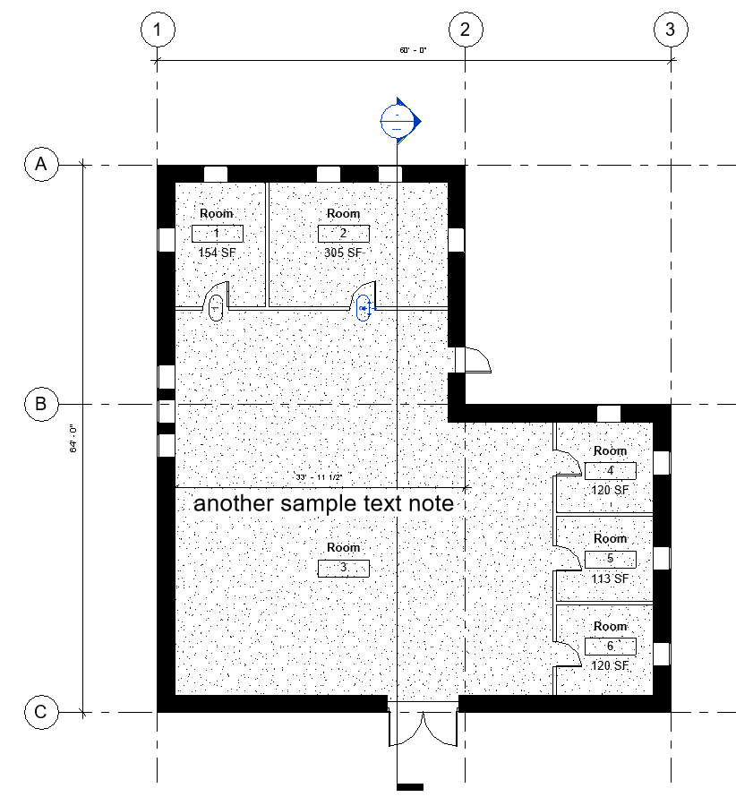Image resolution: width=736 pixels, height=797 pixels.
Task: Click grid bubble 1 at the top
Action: pos(158,30)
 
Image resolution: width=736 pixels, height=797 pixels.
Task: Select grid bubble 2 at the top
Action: pos(465,30)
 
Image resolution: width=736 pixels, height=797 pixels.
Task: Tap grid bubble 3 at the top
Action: pos(671,30)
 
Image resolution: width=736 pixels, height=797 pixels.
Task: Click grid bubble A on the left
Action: pos(40,165)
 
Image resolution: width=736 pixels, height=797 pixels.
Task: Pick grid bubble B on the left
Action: pos(40,404)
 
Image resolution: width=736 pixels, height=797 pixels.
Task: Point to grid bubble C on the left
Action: pos(40,713)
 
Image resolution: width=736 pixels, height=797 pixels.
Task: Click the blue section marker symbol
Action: pos(398,120)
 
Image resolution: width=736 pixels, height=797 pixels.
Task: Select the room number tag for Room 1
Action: pos(217,234)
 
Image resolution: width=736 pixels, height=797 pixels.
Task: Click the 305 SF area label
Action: pos(343,253)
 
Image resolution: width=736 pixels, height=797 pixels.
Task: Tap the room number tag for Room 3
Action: pos(343,568)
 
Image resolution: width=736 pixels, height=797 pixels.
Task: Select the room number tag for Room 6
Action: pos(610,646)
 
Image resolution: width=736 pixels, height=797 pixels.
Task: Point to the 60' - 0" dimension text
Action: pos(414,50)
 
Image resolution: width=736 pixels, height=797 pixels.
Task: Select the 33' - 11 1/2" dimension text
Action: pos(321,476)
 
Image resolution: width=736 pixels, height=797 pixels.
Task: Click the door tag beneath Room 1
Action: pos(216,309)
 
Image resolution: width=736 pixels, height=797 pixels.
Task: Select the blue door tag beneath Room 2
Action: pos(364,309)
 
